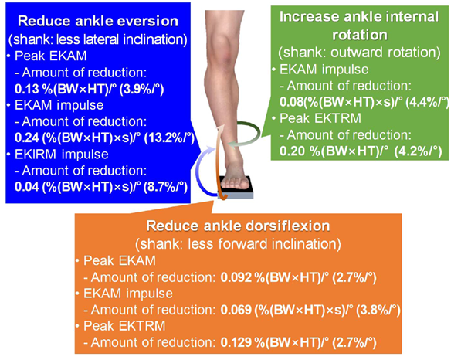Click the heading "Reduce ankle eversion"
tap(98, 21)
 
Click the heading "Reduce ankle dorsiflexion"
tap(238, 226)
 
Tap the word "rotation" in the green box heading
tap(360, 35)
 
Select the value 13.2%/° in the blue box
tap(169, 138)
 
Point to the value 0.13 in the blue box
tap(27, 89)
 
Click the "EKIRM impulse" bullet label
tap(62, 155)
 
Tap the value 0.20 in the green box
tap(292, 151)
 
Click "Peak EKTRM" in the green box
tap(320, 118)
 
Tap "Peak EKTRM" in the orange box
tap(124, 326)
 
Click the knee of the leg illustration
tap(224, 49)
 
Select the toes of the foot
tap(236, 185)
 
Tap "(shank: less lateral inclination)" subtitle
tap(98, 39)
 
